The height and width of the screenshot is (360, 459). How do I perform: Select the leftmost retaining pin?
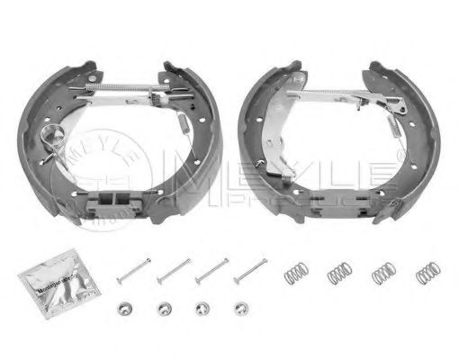132,268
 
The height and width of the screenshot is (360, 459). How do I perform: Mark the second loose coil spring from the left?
338,270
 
